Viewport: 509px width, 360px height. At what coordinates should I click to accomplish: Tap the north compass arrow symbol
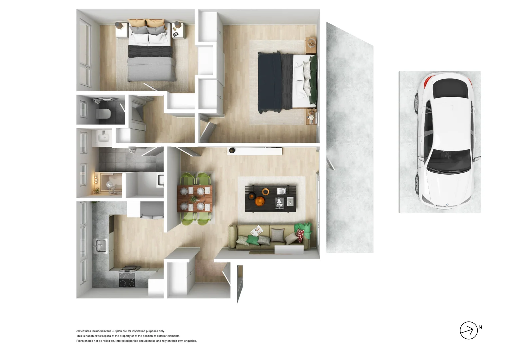(x=468, y=330)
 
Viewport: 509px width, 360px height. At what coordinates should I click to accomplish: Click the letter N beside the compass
(x=480, y=327)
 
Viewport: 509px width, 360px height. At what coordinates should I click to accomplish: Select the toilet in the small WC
(x=103, y=113)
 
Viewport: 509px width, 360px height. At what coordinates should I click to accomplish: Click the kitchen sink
(x=100, y=246)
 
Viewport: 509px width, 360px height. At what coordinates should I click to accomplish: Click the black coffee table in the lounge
(x=270, y=199)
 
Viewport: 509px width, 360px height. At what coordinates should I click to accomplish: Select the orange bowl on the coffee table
(x=259, y=201)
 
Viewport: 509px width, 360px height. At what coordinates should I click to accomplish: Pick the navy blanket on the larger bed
(x=270, y=82)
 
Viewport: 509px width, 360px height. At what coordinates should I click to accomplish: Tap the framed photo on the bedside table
(x=175, y=34)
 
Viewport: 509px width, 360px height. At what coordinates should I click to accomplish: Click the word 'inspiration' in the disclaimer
(x=140, y=331)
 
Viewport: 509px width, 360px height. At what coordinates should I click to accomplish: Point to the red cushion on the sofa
(x=300, y=235)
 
